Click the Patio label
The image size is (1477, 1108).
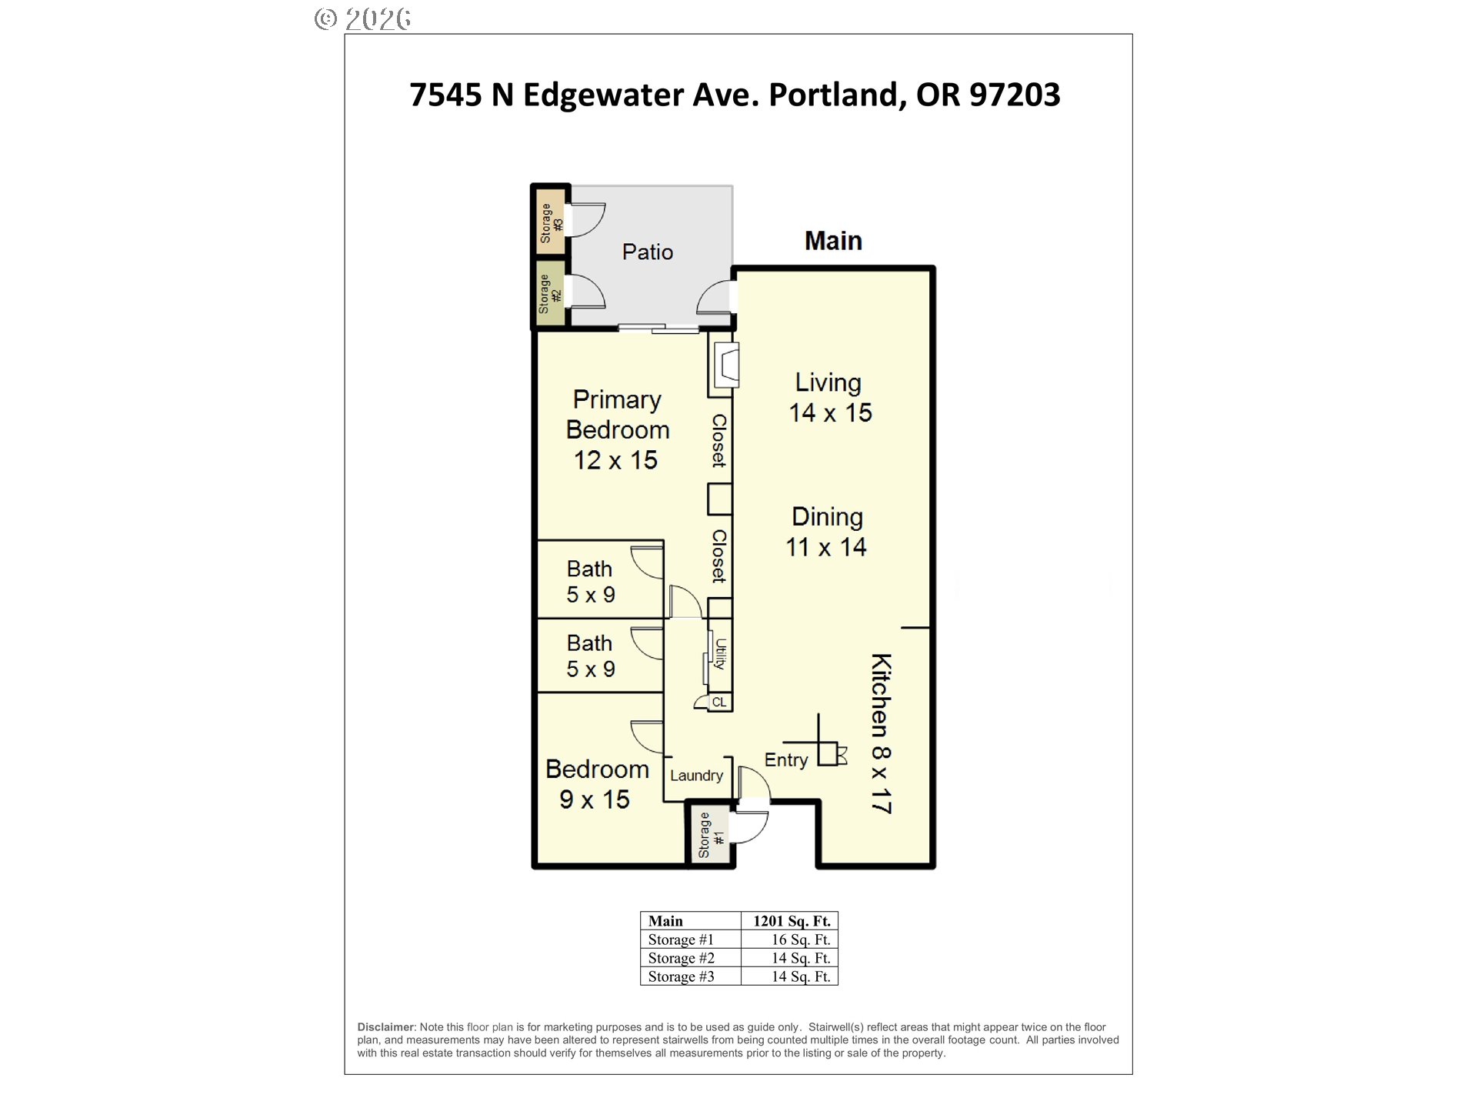(x=647, y=252)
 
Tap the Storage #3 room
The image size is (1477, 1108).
(x=551, y=223)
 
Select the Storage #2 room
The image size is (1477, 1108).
(x=550, y=294)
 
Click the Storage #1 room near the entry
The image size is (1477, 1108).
(x=710, y=836)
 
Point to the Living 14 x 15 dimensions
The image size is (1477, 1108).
(x=830, y=412)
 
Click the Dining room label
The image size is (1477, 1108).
(x=827, y=517)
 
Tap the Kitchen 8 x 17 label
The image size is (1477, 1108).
(x=881, y=733)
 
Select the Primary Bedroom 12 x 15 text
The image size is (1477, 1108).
(x=617, y=429)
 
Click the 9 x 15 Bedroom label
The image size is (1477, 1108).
(x=596, y=784)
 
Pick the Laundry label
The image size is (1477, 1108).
(x=696, y=776)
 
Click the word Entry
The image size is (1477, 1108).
(x=785, y=760)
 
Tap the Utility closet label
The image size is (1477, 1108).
(x=721, y=654)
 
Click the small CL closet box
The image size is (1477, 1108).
(x=719, y=703)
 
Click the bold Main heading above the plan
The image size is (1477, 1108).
(x=833, y=241)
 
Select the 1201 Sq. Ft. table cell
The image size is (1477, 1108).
(x=791, y=921)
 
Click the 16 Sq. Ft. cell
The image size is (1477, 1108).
(x=800, y=939)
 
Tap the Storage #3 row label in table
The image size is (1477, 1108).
(x=681, y=976)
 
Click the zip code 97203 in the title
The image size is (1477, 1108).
(x=1014, y=95)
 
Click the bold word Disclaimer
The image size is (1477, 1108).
(x=385, y=1027)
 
